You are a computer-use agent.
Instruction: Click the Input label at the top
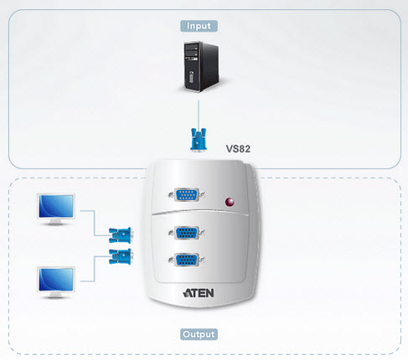tap(199, 26)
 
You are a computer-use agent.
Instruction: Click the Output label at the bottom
tap(199, 334)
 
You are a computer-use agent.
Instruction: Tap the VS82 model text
tap(238, 149)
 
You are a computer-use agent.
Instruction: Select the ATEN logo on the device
tap(199, 293)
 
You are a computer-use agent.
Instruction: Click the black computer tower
tap(201, 66)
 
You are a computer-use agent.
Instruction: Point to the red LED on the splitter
tap(230, 202)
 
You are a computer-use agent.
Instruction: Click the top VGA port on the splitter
tap(187, 194)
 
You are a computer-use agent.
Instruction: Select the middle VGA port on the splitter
tap(187, 233)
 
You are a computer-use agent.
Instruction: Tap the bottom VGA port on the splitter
tap(187, 260)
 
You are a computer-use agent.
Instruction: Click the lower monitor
tap(56, 282)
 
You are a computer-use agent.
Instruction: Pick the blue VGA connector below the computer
tap(199, 140)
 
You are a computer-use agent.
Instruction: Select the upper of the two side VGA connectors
tap(121, 235)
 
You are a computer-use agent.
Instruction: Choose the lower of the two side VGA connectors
tap(121, 256)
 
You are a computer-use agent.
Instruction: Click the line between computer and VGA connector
tap(199, 115)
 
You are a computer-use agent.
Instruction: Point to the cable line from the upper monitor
tap(95, 224)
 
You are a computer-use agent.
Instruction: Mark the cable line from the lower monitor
tap(95, 269)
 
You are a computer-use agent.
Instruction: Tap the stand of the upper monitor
tap(55, 223)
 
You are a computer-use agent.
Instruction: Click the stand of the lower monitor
tap(55, 296)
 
